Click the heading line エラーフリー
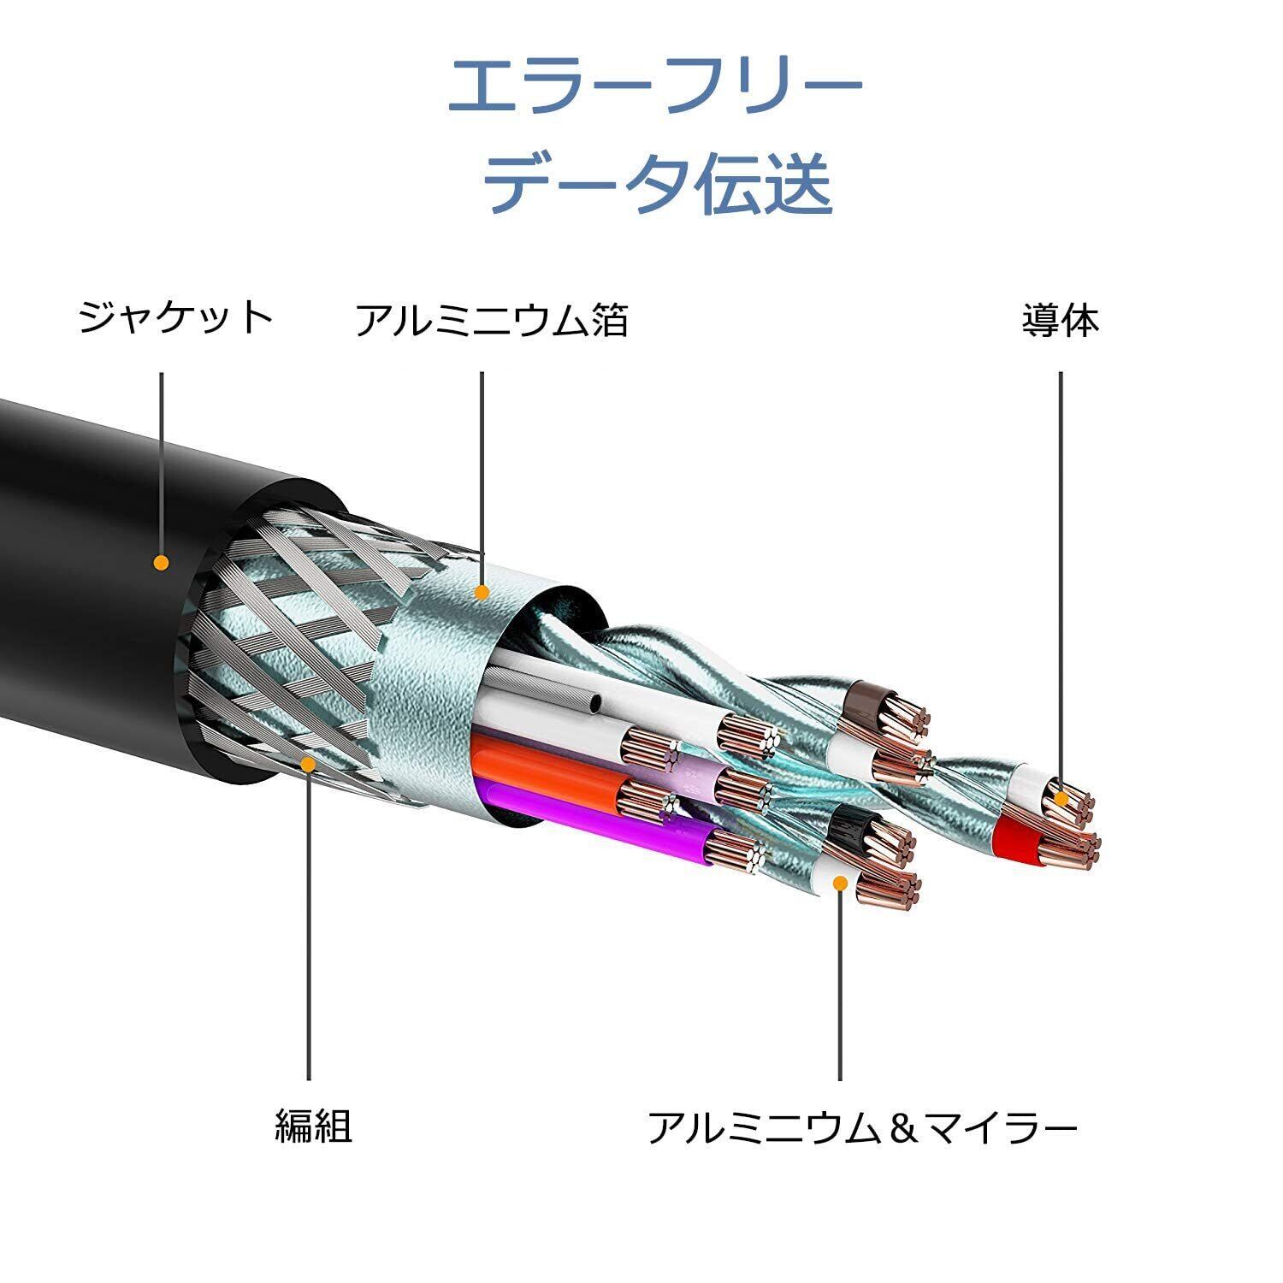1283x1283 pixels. [x=654, y=87]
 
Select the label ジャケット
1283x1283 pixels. [x=175, y=317]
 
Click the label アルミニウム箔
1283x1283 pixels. [x=491, y=320]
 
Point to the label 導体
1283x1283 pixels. [x=1060, y=320]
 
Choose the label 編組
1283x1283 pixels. [x=313, y=1126]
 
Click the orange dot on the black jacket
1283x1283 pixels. [x=161, y=562]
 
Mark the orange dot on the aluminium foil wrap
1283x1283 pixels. [x=482, y=591]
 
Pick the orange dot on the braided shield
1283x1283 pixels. [x=309, y=764]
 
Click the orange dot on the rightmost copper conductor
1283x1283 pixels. [x=1061, y=799]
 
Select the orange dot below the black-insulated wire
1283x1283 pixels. [x=841, y=883]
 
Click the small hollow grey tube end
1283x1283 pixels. [x=594, y=704]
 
